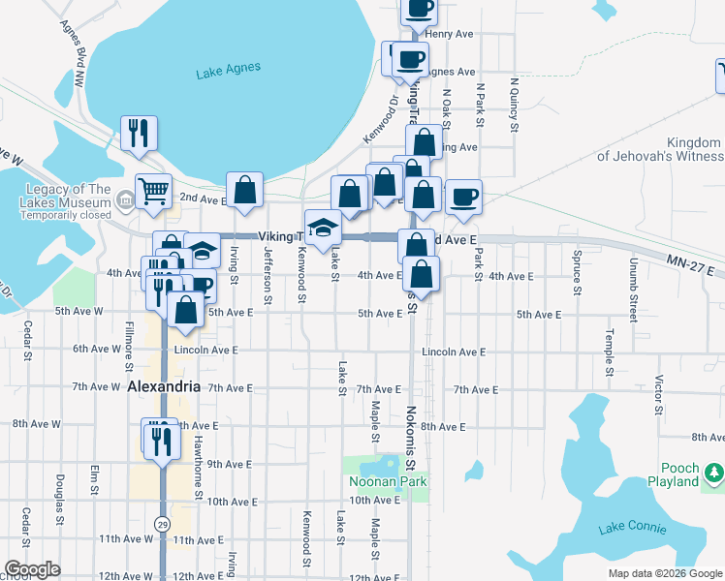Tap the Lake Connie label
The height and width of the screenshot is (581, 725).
coord(632,528)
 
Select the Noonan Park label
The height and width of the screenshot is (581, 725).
coord(388,481)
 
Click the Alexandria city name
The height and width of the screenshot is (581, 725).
coord(164,386)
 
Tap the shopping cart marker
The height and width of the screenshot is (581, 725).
coord(153,192)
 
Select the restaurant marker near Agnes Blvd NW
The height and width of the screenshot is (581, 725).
coord(139,133)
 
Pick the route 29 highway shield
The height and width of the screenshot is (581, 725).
coord(164,523)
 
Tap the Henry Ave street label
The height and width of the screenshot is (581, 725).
coord(448,34)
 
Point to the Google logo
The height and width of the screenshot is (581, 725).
coord(32,569)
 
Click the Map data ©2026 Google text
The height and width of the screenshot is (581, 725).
coord(664,573)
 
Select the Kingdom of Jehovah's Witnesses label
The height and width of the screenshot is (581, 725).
coord(658,149)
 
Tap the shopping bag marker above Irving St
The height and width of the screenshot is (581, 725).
coord(245,191)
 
